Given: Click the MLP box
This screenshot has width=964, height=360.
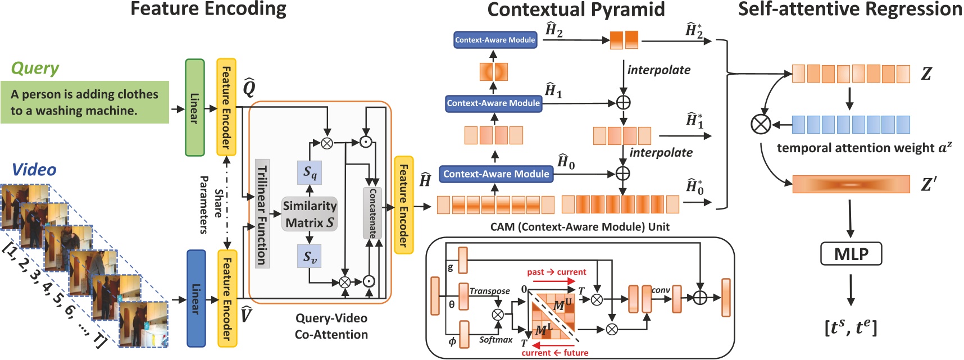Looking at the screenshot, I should [851, 254].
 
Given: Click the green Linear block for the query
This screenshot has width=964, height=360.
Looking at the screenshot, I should [195, 107].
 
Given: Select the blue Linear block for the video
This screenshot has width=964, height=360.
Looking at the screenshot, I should [196, 298].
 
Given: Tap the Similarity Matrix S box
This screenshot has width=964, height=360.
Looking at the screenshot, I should [310, 214].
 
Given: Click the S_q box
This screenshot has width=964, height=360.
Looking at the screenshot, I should [310, 172].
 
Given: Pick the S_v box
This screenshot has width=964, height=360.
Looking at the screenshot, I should [310, 257].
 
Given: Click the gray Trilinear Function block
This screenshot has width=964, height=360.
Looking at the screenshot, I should [262, 214].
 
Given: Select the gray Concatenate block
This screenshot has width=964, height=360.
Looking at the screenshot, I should [372, 213].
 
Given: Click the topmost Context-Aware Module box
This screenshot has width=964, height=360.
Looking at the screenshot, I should [495, 40].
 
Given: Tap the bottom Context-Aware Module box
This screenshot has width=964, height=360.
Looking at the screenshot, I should [496, 174].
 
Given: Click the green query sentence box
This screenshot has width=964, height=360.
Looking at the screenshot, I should [84, 102].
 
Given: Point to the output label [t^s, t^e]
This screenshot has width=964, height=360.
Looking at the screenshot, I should [851, 327].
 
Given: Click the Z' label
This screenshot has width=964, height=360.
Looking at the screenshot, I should [928, 184].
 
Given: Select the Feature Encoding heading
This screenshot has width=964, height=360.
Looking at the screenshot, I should [208, 10].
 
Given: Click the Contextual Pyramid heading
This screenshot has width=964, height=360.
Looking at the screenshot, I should [576, 10].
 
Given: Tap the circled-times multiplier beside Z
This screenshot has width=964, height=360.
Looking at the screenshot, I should [761, 124].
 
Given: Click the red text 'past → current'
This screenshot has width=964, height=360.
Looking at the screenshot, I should [556, 272].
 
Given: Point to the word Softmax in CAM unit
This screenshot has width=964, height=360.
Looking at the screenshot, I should [495, 340].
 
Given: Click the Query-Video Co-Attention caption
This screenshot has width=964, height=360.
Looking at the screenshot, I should [331, 326].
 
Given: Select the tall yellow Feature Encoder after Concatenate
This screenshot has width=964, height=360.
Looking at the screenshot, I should [403, 205].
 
